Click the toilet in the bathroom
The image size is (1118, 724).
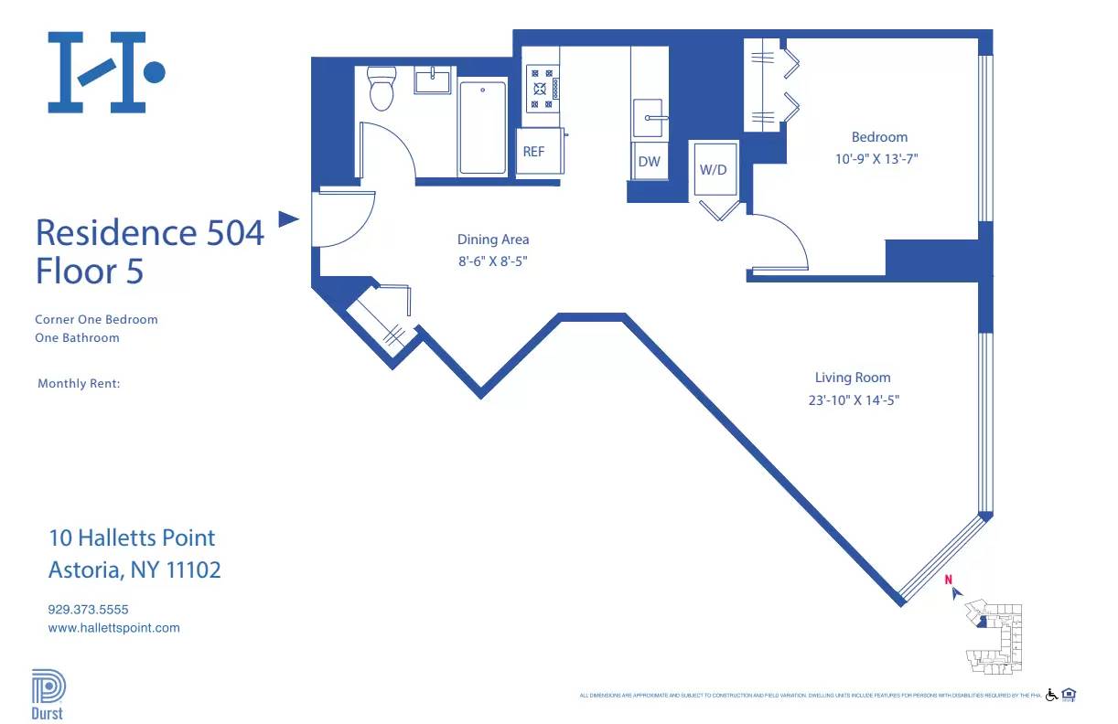[x=381, y=88]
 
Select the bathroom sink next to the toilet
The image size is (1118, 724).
[x=433, y=80]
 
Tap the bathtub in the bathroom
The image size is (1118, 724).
[x=482, y=128]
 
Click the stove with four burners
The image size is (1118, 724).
[x=542, y=89]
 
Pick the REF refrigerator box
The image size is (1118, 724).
[x=533, y=152]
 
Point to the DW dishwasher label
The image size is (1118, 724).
[x=649, y=162]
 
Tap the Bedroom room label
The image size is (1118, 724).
[x=879, y=137]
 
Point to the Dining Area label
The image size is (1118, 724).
[x=493, y=240]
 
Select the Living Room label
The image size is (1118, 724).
[x=853, y=378]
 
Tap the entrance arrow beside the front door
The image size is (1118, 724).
[x=288, y=218]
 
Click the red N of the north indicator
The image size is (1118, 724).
[x=949, y=579]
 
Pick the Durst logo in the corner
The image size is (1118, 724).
[x=48, y=695]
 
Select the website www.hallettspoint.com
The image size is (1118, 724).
[x=113, y=628]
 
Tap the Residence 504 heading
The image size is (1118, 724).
[x=149, y=232]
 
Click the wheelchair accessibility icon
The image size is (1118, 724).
[x=1051, y=695]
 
